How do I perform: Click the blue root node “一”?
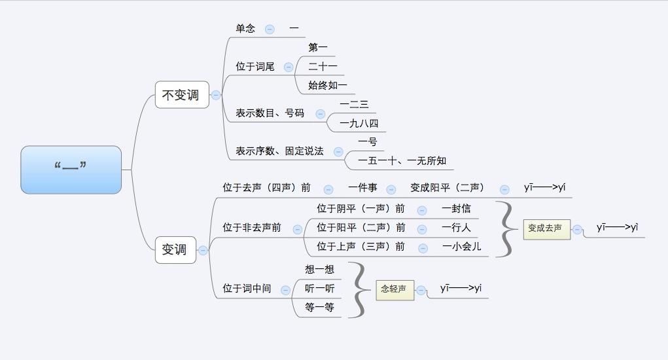71,170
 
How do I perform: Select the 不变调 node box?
181,95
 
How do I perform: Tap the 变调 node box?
175,249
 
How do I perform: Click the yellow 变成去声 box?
546,228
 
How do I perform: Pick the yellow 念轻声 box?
395,289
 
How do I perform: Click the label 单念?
245,29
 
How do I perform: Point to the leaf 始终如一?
328,85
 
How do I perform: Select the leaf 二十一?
323,66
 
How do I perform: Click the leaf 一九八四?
359,123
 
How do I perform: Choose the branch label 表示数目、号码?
270,113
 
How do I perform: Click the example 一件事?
362,188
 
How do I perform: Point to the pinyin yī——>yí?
544,188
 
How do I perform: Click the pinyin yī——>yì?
617,227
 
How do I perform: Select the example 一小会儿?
461,247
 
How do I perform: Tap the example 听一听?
319,288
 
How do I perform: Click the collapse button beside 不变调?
216,95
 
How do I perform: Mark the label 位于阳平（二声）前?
361,228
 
